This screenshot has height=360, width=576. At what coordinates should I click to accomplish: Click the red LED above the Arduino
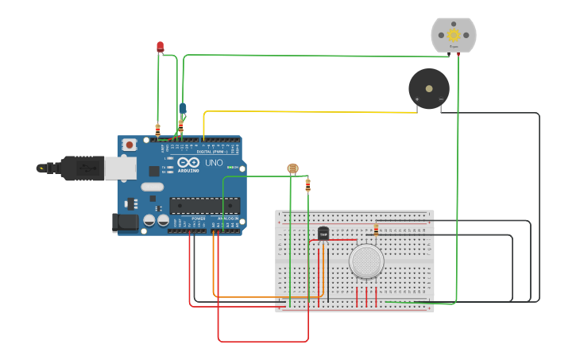pyautogui.click(x=160, y=47)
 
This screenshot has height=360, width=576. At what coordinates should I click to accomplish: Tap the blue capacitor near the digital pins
pyautogui.click(x=183, y=108)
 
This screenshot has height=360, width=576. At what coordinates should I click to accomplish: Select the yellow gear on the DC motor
pyautogui.click(x=454, y=34)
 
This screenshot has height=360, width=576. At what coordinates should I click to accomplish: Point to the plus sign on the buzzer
pyautogui.click(x=417, y=99)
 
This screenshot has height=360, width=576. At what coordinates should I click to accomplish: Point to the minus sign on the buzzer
pyautogui.click(x=441, y=99)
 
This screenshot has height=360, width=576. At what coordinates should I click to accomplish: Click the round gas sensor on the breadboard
pyautogui.click(x=366, y=261)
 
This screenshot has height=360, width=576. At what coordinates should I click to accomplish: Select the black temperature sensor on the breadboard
pyautogui.click(x=323, y=233)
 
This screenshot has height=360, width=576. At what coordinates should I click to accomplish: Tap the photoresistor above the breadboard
pyautogui.click(x=292, y=168)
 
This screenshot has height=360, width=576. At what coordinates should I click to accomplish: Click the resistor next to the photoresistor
pyautogui.click(x=308, y=185)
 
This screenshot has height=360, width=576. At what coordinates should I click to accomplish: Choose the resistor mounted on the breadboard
pyautogui.click(x=376, y=229)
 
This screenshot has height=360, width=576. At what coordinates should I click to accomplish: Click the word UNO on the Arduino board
pyautogui.click(x=214, y=163)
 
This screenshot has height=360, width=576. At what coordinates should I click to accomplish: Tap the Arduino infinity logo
pyautogui.click(x=188, y=162)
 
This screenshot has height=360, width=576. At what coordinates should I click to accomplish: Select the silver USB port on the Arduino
pyautogui.click(x=120, y=168)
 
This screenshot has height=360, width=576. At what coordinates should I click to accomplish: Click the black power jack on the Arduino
pyautogui.click(x=126, y=223)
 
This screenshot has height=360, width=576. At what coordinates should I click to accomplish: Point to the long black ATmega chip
pyautogui.click(x=204, y=205)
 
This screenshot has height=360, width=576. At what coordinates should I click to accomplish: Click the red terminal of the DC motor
pyautogui.click(x=458, y=54)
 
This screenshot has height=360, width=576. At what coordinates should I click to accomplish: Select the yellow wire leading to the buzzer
pyautogui.click(x=310, y=112)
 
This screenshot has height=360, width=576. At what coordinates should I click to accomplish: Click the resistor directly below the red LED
pyautogui.click(x=157, y=129)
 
